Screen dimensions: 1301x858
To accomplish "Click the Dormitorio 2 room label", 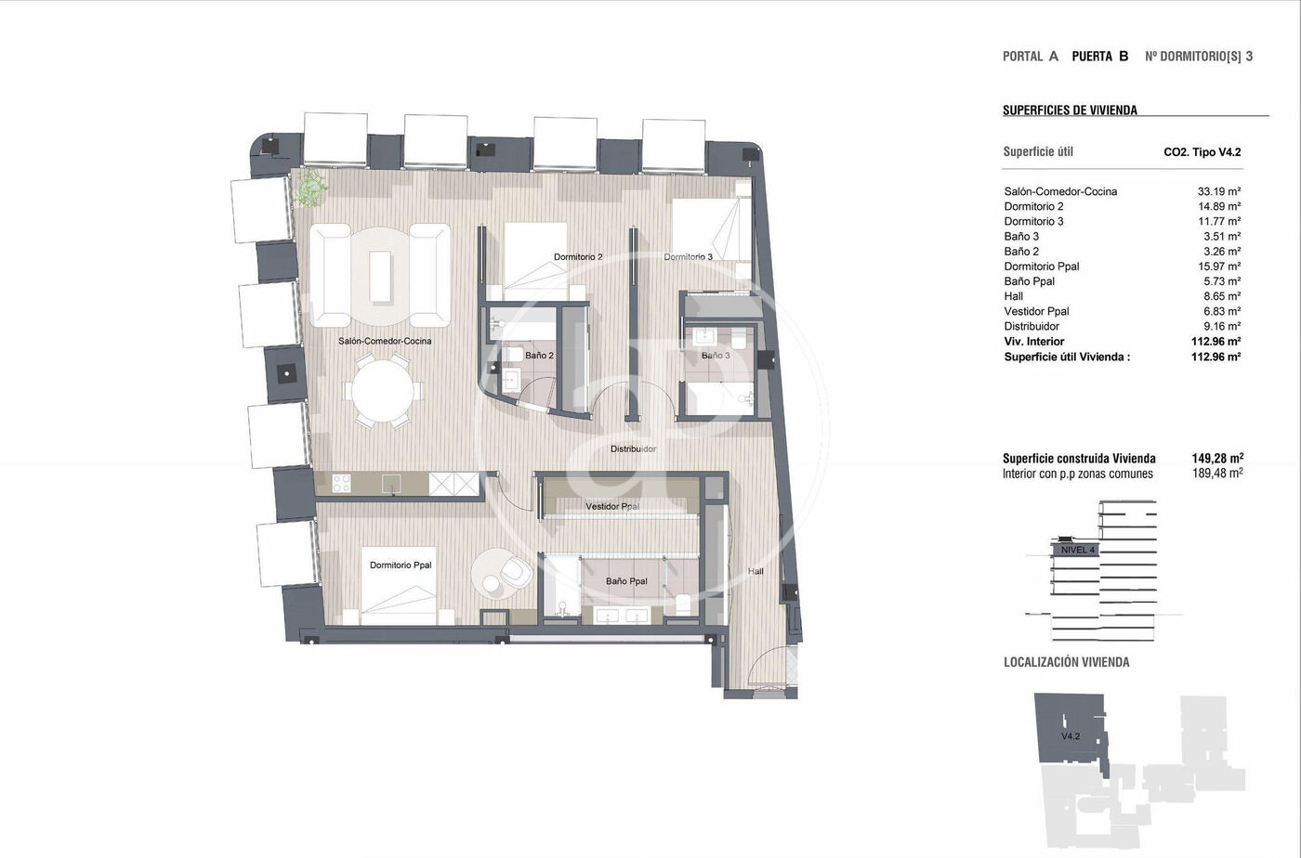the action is click(578, 256).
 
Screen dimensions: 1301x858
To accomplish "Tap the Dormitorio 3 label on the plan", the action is click(689, 256).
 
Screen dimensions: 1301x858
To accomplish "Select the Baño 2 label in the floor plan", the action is click(539, 356).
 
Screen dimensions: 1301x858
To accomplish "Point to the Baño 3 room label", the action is click(716, 356).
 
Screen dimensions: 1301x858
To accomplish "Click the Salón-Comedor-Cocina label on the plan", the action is click(385, 341).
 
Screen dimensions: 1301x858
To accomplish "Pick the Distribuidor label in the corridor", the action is click(634, 448).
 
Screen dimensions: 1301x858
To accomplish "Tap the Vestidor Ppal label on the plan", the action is click(612, 506).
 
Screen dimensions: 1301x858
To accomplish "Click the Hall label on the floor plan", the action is click(756, 571).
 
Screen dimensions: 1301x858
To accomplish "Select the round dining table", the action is click(383, 391).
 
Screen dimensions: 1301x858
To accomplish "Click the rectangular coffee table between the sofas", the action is click(380, 276).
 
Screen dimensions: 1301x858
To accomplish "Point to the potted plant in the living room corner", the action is click(310, 187).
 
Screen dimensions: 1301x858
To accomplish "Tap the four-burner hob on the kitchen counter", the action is click(341, 484).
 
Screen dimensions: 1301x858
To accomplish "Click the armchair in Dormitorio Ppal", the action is click(515, 571).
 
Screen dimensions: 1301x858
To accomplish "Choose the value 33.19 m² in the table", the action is click(1219, 191).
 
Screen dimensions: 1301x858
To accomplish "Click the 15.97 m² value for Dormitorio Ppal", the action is click(1219, 266).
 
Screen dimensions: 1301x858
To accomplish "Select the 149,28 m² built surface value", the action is click(1217, 458).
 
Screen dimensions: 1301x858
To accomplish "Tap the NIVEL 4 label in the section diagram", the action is click(1077, 550).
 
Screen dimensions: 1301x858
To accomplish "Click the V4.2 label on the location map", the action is click(1071, 736).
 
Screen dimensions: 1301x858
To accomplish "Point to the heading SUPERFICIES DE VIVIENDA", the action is click(1070, 110).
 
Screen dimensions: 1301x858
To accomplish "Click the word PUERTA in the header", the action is click(1092, 57).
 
